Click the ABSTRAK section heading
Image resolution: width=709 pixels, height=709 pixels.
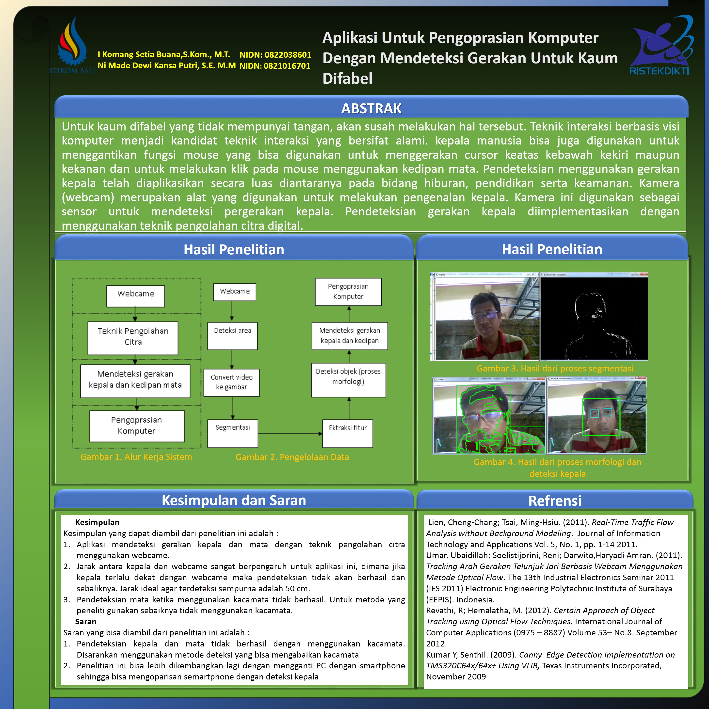pyautogui.click(x=371, y=109)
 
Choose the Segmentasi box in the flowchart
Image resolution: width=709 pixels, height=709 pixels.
pyautogui.click(x=233, y=433)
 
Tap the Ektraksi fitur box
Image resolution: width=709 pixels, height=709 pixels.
pyautogui.click(x=348, y=433)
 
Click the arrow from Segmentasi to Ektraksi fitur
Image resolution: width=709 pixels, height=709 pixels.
pyautogui.click(x=290, y=434)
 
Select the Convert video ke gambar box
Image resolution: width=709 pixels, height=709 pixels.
pyautogui.click(x=232, y=382)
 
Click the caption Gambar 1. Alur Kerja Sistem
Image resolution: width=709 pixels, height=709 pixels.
pyautogui.click(x=136, y=457)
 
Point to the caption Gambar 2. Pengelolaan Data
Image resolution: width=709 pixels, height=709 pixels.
pyautogui.click(x=292, y=457)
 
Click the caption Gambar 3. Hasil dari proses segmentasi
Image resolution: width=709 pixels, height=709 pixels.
pyautogui.click(x=555, y=369)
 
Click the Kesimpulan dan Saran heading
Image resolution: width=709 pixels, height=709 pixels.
pyautogui.click(x=234, y=500)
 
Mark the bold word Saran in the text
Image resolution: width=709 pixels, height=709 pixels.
pyautogui.click(x=85, y=622)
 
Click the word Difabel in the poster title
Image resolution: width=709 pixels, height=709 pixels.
pyautogui.click(x=347, y=79)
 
